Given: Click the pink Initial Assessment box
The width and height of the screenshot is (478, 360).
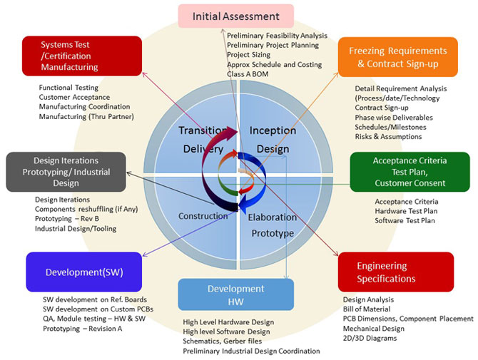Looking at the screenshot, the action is pos(236,16).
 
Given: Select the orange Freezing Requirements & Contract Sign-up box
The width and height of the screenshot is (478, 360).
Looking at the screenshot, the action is pos(398,57).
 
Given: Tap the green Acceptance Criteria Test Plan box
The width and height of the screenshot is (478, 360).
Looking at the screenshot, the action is pos(410,172).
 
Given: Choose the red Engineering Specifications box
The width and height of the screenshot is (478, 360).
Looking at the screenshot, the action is pos(396,272).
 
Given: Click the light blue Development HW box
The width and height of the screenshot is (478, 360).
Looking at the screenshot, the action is pos(236,295).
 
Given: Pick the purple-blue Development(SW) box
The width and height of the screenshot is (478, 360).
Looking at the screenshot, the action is pos(84,272).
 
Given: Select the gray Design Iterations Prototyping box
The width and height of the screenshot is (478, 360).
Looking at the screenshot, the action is pos(66,172).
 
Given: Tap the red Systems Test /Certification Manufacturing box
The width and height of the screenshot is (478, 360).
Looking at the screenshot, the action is pos(82,56).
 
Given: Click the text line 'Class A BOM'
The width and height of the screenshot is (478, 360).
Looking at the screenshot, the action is pos(248,74).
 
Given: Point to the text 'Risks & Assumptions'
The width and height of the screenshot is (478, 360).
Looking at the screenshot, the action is pos(388,136).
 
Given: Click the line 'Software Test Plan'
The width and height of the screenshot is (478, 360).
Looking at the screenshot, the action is pos(405,220).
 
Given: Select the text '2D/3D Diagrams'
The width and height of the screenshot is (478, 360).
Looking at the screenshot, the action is pos(370,338).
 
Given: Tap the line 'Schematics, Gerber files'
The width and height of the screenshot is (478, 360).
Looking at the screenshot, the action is pos(222,341).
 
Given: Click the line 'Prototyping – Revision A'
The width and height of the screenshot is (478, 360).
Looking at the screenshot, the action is pos(82,329).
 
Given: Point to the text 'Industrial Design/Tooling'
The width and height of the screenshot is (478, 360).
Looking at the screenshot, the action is pos(76,228).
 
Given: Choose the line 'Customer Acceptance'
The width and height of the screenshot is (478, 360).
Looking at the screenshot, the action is pos(74,97).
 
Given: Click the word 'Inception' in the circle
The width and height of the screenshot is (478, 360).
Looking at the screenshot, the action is pos(273,130).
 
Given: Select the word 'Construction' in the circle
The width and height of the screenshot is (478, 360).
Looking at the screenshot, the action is pos(203,216).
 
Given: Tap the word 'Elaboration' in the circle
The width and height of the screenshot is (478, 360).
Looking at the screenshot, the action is pos(273,217).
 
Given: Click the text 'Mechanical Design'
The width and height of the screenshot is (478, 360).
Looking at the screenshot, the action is pos(374,329).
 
